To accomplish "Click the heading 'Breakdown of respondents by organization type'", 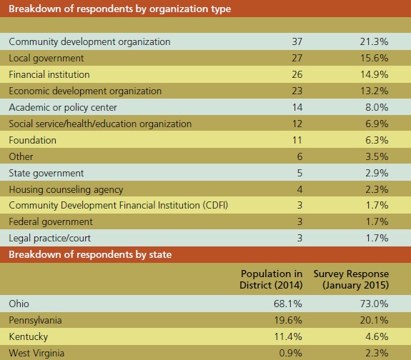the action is [x=120, y=9].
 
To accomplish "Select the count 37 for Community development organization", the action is [x=297, y=41].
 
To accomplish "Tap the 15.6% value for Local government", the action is [x=375, y=58].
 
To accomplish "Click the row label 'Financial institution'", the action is [x=49, y=75].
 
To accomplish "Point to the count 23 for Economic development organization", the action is [x=297, y=91].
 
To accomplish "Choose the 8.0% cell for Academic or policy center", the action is [x=377, y=107].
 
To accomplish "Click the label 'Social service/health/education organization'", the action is [x=100, y=124].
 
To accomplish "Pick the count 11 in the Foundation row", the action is [x=297, y=140].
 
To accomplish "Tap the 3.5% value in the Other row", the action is [x=377, y=156].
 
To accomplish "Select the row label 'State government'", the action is [x=46, y=173].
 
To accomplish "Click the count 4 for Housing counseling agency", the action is [x=299, y=189].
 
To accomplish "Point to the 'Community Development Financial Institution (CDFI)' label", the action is [x=118, y=206].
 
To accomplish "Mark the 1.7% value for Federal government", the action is [x=377, y=222].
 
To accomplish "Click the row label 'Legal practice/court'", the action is [x=49, y=238].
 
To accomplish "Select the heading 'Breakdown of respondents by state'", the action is [x=90, y=254].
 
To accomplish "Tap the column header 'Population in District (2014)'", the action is [x=271, y=279].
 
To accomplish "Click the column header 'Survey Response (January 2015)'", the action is [x=351, y=279].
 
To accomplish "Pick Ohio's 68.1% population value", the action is [x=288, y=304].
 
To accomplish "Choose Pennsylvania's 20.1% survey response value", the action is [x=375, y=320].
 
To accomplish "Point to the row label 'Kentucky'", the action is [x=29, y=336].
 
